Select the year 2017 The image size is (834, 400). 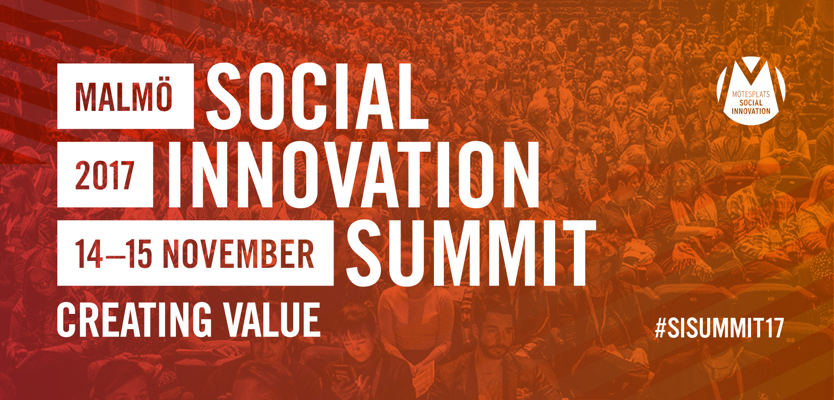pyautogui.click(x=104, y=175)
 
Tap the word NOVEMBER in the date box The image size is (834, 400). pyautogui.click(x=238, y=254)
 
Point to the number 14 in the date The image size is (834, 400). pyautogui.click(x=89, y=254)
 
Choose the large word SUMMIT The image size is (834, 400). pyautogui.click(x=471, y=253)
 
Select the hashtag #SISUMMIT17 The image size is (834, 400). pyautogui.click(x=719, y=328)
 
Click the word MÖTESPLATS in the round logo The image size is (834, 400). pyautogui.click(x=751, y=94)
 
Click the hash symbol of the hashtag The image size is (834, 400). pyautogui.click(x=661, y=328)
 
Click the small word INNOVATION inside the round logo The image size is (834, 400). pyautogui.click(x=751, y=111)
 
